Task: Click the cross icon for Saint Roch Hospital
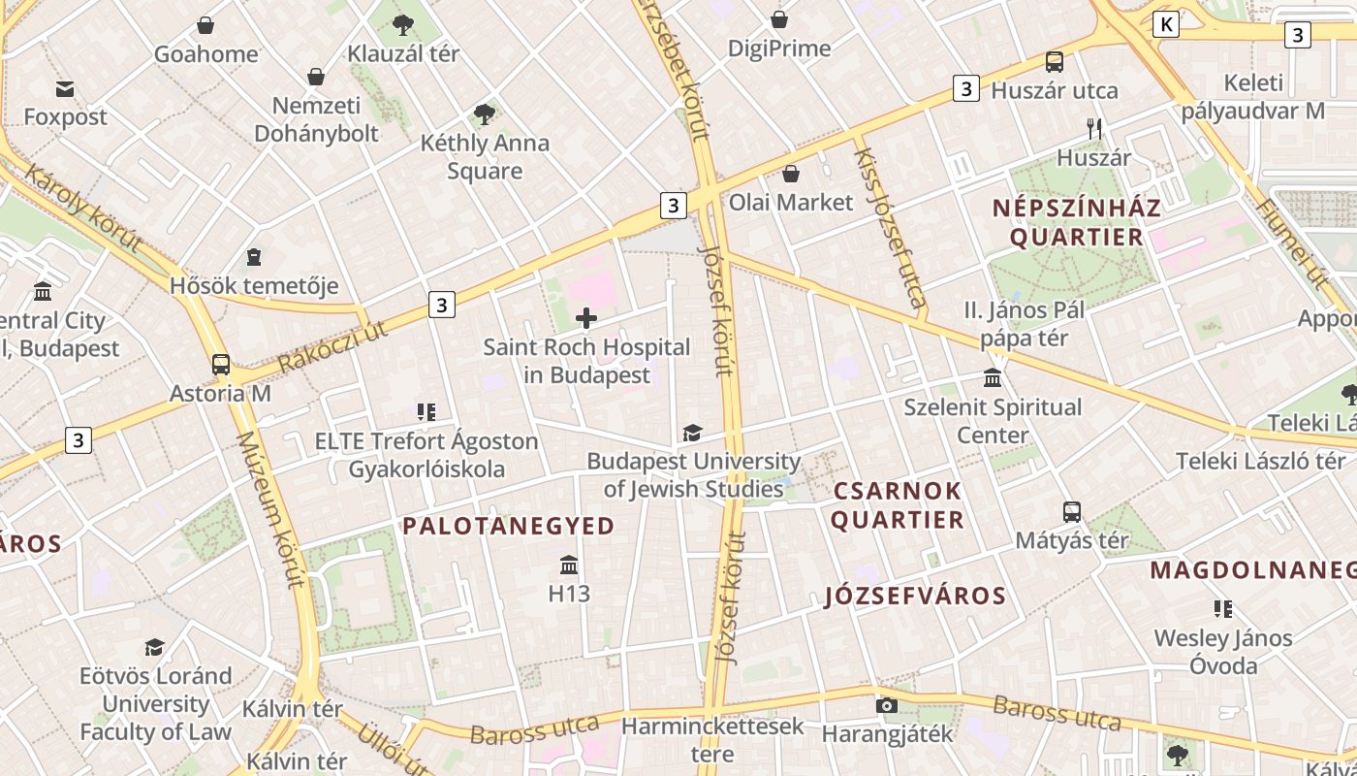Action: coord(586,317)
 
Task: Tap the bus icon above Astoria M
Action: coord(221,365)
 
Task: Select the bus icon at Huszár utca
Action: coord(1055,62)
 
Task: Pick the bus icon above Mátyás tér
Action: coord(1071,511)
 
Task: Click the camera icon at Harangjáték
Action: coord(886,705)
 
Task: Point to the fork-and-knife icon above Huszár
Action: coord(1094,128)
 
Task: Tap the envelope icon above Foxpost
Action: coord(65,89)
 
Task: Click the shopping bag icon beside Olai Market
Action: coord(791,174)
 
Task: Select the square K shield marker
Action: coord(1166,24)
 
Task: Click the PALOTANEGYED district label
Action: coord(509,526)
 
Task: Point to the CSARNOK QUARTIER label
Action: coord(898,505)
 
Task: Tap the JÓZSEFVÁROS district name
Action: coord(916,596)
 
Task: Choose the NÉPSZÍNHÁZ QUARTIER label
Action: coord(1077,222)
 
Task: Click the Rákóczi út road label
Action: coord(332,345)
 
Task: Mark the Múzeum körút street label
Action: coord(271,509)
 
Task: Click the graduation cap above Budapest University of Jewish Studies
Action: coord(692,433)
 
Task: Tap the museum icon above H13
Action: coord(569,564)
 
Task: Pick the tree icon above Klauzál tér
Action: coord(403,25)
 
